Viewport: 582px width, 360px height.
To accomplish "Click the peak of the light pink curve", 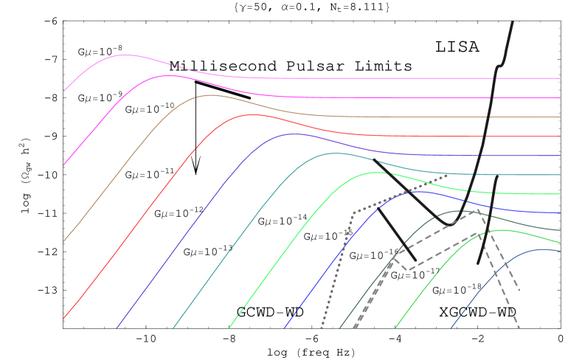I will point(125,55).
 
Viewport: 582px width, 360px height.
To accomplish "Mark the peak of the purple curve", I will point(293,134).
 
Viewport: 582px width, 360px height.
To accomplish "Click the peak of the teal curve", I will point(334,153).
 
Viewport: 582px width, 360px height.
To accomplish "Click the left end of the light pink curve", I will point(63,91).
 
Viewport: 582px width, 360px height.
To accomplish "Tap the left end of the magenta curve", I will point(63,165).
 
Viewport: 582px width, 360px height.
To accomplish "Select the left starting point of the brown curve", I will point(63,242).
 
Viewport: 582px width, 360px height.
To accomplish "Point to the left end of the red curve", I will point(63,319).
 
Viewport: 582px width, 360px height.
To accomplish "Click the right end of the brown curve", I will point(561,117).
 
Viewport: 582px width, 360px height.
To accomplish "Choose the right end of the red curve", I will point(561,136).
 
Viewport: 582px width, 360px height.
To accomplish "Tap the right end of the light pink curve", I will point(561,78).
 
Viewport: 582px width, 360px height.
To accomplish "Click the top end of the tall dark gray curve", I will point(513,22).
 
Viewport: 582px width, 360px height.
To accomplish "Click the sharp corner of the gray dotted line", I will point(354,212).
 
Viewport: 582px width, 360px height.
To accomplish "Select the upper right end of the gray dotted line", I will point(448,175).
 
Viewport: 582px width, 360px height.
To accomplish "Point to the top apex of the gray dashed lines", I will point(479,210).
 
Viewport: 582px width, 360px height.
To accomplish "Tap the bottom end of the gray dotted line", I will point(322,328).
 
